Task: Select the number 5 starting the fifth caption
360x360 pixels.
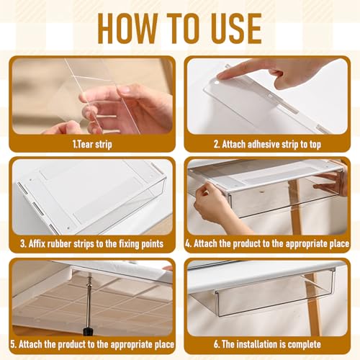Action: (x=15, y=345)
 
